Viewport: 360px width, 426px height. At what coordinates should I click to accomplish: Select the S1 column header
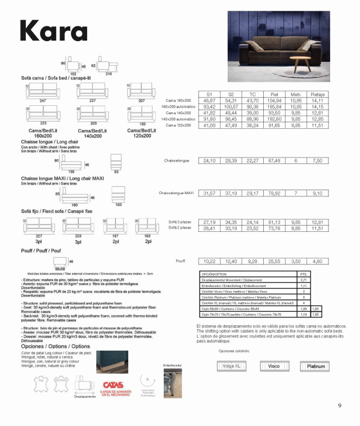pyautogui.click(x=209, y=94)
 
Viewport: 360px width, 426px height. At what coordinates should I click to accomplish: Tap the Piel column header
pyautogui.click(x=275, y=94)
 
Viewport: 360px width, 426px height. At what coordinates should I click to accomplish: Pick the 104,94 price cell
pyautogui.click(x=275, y=100)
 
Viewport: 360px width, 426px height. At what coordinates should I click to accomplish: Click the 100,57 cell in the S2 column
pyautogui.click(x=231, y=106)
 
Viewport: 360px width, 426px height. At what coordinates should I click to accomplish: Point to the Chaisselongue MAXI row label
pyautogui.click(x=176, y=193)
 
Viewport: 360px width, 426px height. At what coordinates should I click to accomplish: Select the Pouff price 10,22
pyautogui.click(x=209, y=261)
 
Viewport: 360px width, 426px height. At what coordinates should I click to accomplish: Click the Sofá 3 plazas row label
pyautogui.click(x=180, y=222)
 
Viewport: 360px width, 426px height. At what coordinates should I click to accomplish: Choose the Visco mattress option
pyautogui.click(x=274, y=366)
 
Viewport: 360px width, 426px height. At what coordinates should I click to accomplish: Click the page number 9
pyautogui.click(x=340, y=406)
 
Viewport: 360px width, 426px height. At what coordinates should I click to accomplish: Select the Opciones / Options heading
pyautogui.click(x=55, y=346)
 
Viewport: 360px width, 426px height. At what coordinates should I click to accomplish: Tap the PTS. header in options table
pyautogui.click(x=304, y=273)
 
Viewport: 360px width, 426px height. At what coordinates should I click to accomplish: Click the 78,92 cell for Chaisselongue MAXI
pyautogui.click(x=275, y=193)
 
